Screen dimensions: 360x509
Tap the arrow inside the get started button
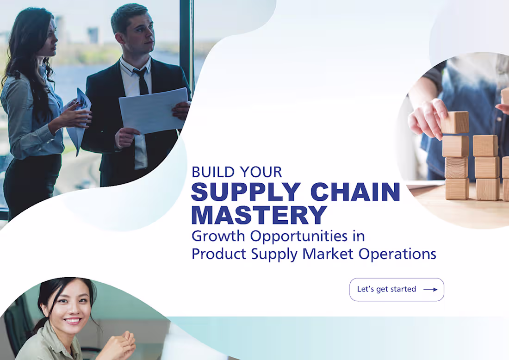430,290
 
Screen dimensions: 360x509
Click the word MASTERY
259,215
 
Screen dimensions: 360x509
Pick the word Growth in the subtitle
219,236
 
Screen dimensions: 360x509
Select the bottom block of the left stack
457,189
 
